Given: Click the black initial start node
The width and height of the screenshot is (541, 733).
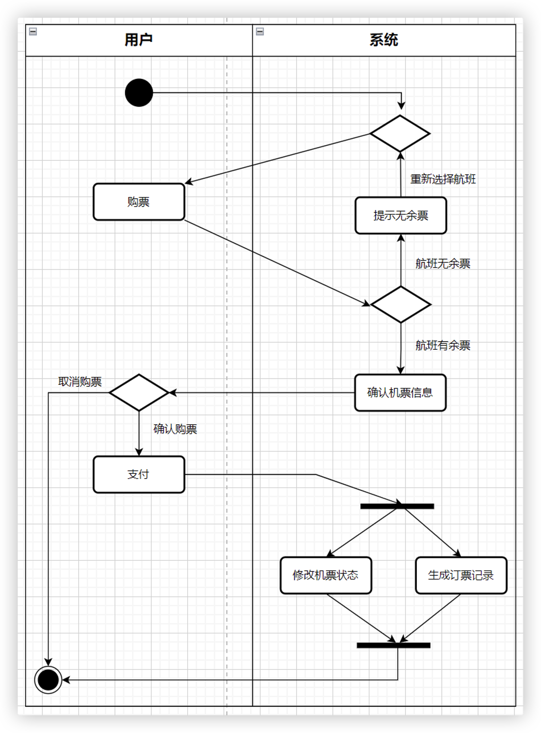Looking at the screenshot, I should point(139,93).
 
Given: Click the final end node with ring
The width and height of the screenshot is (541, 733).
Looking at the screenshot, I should point(48,680).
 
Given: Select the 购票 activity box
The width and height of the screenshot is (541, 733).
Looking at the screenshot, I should point(139,202).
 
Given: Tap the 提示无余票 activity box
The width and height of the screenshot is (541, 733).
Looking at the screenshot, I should point(401,216).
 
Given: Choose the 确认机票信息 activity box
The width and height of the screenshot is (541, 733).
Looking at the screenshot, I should point(400,393).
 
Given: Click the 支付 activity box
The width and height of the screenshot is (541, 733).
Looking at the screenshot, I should point(139,475).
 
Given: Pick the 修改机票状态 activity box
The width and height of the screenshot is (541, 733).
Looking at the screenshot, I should point(326,575).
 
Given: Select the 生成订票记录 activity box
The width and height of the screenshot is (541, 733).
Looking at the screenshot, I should point(461,575).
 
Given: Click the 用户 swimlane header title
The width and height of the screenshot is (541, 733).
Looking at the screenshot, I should point(138,40).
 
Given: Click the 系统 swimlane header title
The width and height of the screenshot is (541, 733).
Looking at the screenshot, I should point(384,40).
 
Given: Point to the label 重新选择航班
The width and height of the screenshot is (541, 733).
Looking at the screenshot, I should point(443,179).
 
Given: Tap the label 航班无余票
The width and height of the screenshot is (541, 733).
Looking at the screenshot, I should point(442,263).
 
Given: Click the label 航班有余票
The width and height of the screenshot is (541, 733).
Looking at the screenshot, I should point(442,345).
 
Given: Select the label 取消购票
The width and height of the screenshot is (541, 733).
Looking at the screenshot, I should point(80,382).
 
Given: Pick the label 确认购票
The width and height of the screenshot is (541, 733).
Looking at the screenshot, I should point(175,429).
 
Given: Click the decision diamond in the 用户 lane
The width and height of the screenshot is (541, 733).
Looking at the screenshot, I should point(139,393).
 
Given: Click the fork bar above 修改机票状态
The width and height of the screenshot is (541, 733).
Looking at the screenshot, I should point(397,506).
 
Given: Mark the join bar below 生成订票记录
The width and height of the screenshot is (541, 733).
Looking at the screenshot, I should point(393,645).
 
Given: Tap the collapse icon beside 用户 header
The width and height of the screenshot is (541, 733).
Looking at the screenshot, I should point(33,32).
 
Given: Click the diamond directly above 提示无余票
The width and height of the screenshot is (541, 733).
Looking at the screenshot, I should point(400,134).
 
